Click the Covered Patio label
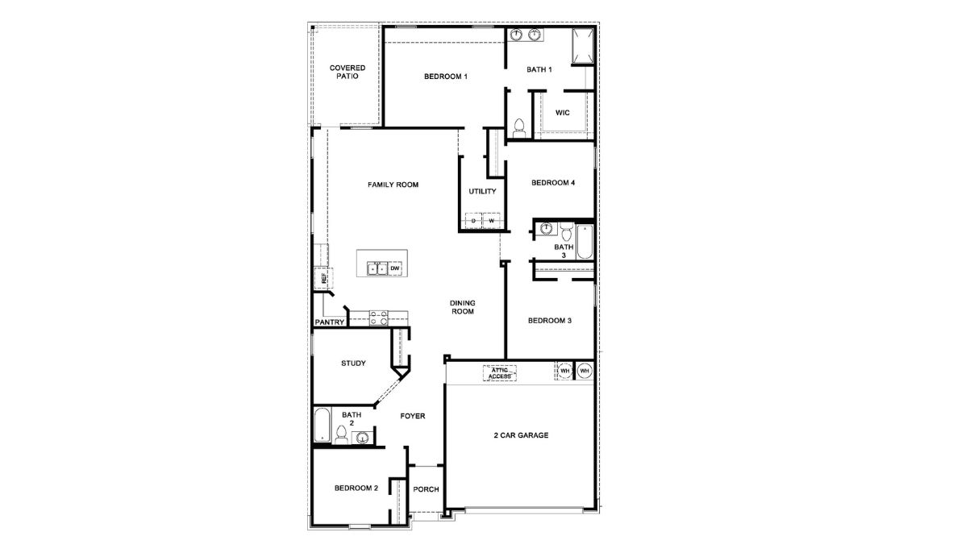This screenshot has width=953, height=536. [347, 72]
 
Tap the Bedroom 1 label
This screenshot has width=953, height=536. [446, 77]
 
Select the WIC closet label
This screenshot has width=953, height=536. [563, 113]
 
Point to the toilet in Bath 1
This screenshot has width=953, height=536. [520, 128]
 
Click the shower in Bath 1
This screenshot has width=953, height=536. [583, 46]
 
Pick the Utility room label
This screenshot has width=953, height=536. [482, 192]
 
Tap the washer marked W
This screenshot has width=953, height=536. [490, 220]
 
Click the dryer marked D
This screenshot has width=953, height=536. [473, 220]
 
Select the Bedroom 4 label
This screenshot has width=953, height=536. [552, 183]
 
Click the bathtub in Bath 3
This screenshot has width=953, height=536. [585, 241]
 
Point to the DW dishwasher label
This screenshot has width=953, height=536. [395, 268]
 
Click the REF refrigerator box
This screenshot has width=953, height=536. [322, 278]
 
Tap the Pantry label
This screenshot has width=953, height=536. [330, 322]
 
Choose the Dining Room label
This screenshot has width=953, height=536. [462, 307]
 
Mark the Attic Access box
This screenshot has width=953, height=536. [500, 372]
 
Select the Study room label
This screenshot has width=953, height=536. [353, 364]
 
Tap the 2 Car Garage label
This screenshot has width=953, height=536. [521, 435]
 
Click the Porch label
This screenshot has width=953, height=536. [426, 489]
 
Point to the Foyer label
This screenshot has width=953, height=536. [412, 416]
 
